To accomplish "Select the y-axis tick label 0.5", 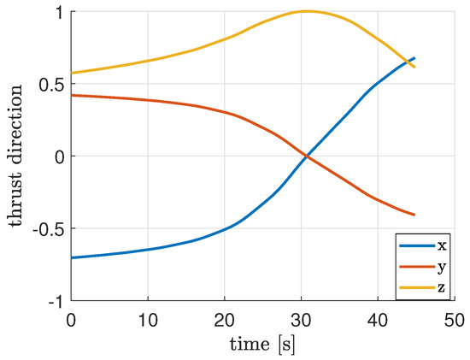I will coord(50,84).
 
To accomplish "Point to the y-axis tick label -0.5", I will coord(46,228).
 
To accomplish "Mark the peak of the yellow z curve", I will coord(306,11).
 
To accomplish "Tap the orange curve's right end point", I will coord(414,215).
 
